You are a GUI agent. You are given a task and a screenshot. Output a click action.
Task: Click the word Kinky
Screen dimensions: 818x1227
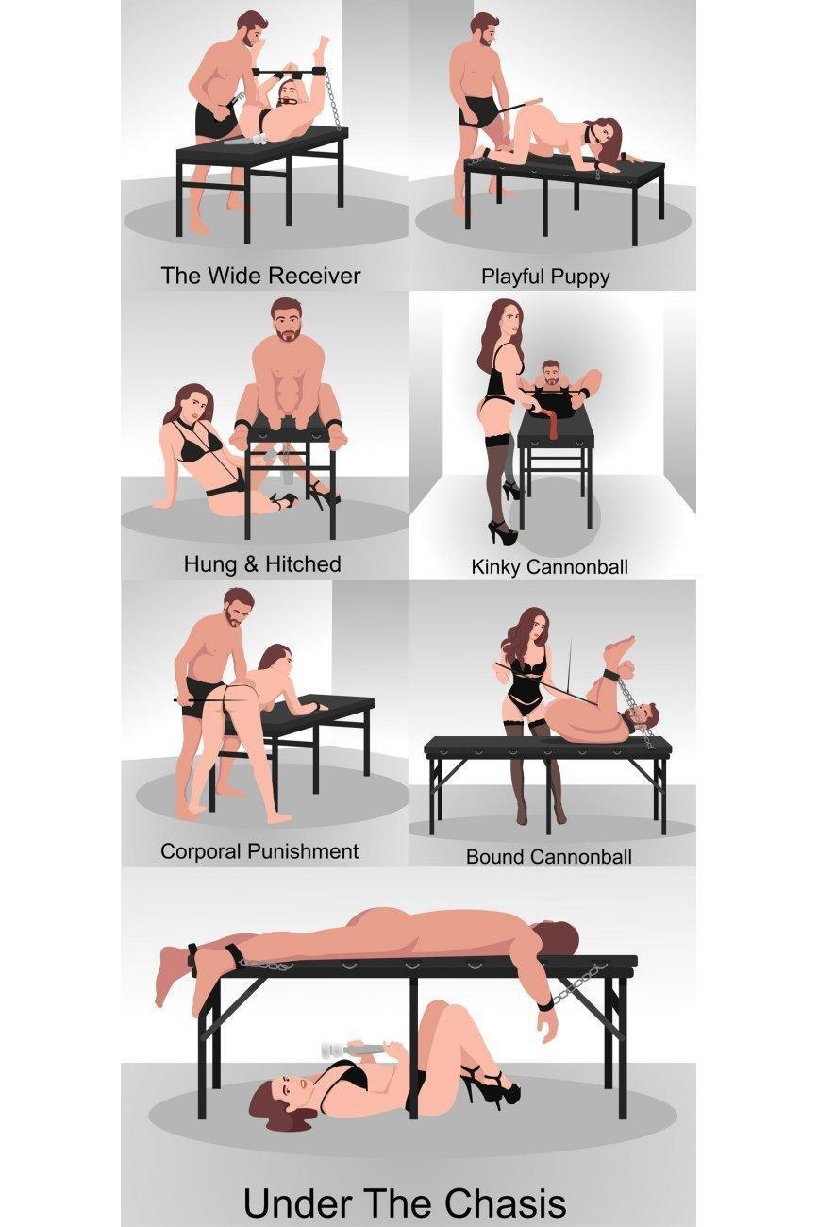[495, 567]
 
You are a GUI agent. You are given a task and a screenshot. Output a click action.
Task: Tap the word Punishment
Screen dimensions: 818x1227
[303, 850]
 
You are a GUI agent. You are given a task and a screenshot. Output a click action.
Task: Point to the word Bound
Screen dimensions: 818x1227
[492, 856]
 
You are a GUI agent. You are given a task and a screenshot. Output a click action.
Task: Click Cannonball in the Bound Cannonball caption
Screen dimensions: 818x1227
[577, 856]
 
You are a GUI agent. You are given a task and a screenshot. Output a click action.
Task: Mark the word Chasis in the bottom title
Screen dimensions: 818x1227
[504, 1202]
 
